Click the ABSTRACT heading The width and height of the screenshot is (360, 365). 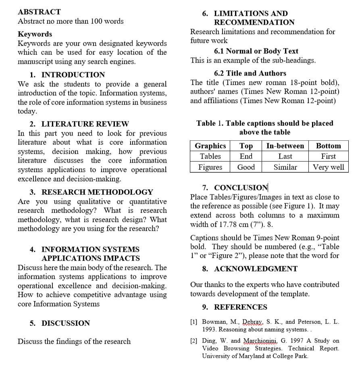(39, 12)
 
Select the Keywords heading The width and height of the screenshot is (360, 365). (35, 34)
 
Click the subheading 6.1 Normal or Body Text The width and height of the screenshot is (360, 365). (256, 51)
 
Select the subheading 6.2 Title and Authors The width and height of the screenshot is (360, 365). (250, 73)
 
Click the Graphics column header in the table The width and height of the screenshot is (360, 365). (210, 146)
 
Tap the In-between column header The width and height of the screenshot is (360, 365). (285, 146)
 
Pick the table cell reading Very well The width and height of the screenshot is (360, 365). (329, 167)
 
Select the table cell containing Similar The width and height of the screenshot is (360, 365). (285, 167)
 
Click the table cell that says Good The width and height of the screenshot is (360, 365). (246, 167)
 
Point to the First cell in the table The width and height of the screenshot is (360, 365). (328, 156)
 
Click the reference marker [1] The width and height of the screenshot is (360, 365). (194, 322)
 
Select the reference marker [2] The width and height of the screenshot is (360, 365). (194, 341)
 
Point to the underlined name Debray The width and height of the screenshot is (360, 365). (242, 322)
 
